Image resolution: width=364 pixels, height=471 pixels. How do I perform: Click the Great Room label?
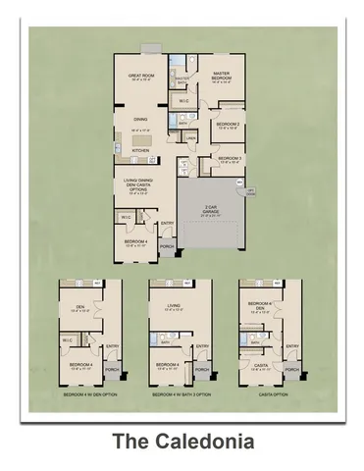coord(143,78)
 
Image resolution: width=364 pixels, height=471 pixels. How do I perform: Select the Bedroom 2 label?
coord(228,126)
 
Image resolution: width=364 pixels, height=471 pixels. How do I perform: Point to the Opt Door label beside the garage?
coord(249,192)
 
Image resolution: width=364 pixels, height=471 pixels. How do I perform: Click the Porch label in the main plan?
coord(167,246)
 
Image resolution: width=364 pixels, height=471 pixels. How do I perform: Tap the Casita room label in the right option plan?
coord(261,364)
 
